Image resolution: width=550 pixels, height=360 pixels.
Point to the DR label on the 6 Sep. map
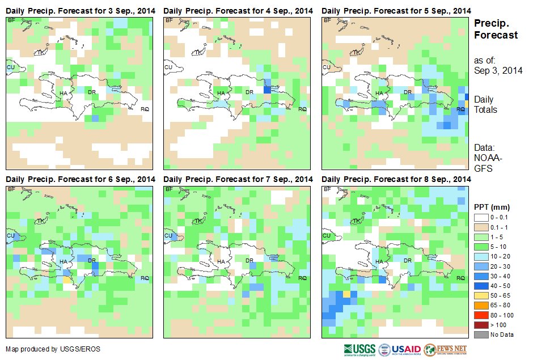92,260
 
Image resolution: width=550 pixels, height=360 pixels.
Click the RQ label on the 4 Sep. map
302,109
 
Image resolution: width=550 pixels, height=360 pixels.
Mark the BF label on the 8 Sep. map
326,189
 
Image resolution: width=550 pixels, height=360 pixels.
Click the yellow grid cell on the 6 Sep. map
66,279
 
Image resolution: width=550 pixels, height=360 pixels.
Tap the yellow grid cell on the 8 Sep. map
346,294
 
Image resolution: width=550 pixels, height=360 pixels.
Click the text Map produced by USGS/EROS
53,349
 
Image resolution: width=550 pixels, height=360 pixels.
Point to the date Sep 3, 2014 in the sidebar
498,70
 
